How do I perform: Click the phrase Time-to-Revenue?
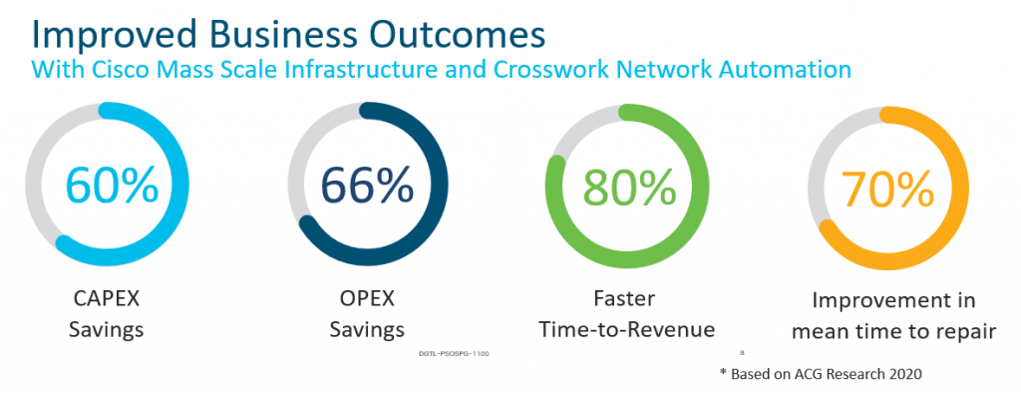click(x=625, y=330)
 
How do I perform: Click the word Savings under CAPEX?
click(x=106, y=330)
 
